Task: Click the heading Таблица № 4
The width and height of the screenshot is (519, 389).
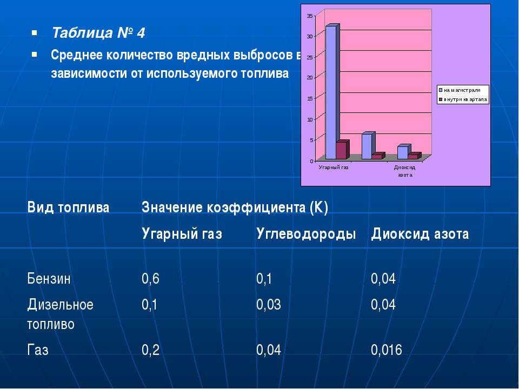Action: [x=98, y=33]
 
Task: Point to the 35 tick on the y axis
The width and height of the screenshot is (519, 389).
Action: [x=310, y=16]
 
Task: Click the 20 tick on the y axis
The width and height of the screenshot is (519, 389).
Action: [x=310, y=78]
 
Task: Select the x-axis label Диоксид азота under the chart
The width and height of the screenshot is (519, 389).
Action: [x=404, y=171]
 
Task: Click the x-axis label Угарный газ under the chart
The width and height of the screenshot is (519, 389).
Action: [x=334, y=167]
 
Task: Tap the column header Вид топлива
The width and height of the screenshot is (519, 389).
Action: [x=68, y=207]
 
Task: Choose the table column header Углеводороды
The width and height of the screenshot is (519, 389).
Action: [x=306, y=234]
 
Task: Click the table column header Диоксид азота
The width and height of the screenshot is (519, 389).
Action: [x=420, y=234]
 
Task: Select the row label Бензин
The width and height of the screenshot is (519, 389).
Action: [x=49, y=279]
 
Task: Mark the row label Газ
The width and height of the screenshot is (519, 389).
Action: [x=38, y=350]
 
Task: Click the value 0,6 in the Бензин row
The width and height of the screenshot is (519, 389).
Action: [x=151, y=279]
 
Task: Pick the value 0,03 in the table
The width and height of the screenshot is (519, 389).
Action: [x=269, y=305]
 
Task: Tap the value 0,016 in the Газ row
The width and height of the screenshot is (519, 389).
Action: [x=386, y=350]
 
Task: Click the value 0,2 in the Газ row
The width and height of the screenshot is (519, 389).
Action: [x=151, y=350]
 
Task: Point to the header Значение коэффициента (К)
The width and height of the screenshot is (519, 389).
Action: [x=235, y=207]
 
